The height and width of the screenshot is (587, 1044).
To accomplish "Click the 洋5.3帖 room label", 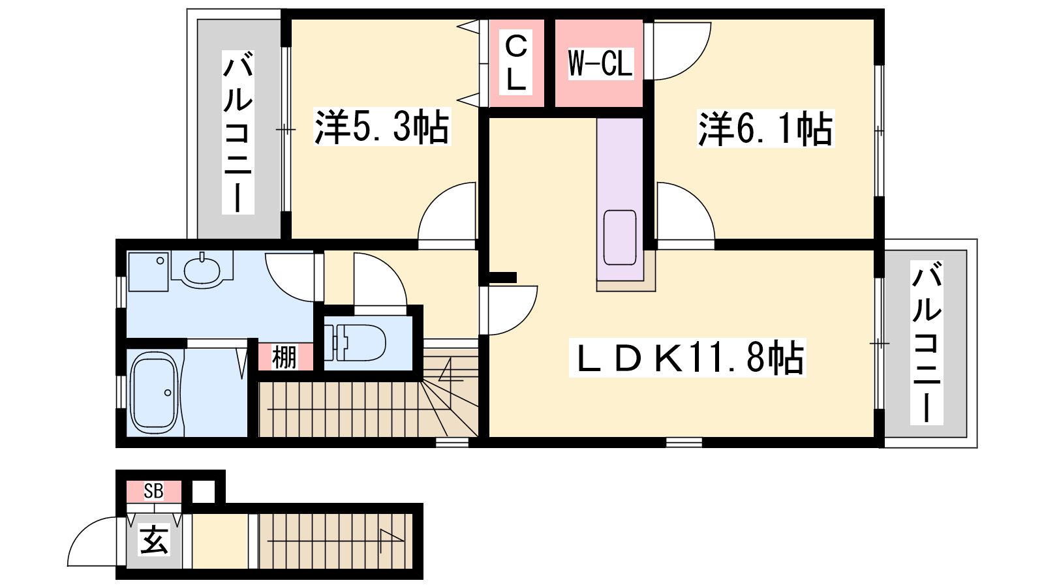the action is [x=382, y=127].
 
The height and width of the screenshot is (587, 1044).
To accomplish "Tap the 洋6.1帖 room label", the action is [x=765, y=128].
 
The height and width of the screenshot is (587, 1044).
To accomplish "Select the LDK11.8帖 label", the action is [x=688, y=358].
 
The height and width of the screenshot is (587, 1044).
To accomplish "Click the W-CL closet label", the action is [x=600, y=63].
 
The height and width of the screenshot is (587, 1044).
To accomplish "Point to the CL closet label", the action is [x=516, y=63].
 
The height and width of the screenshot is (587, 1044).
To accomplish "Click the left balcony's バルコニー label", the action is [x=238, y=132].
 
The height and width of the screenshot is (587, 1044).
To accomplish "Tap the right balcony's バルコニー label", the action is [x=927, y=342].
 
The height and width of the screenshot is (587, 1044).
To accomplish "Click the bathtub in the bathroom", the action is [x=154, y=393].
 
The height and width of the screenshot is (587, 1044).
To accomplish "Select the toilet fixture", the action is [x=355, y=343].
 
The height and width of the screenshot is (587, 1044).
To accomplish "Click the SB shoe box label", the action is [x=153, y=491].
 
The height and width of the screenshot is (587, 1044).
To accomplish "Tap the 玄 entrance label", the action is [x=154, y=541].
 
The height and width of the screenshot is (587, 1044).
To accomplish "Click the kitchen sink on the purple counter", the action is [x=620, y=237].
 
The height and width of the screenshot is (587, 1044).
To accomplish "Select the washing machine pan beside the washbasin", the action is [x=147, y=272].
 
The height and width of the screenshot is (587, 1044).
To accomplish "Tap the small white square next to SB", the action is [x=204, y=492].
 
